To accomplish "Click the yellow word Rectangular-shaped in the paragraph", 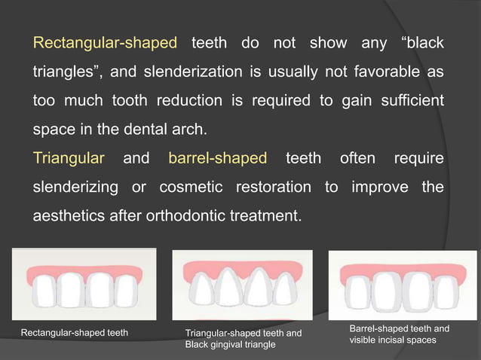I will [x=105, y=43].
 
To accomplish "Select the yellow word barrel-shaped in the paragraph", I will [x=217, y=158].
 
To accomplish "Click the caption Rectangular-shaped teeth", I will [x=74, y=332].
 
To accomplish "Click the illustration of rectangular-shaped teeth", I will [x=84, y=285].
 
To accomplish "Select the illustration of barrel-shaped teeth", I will [x=403, y=285].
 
